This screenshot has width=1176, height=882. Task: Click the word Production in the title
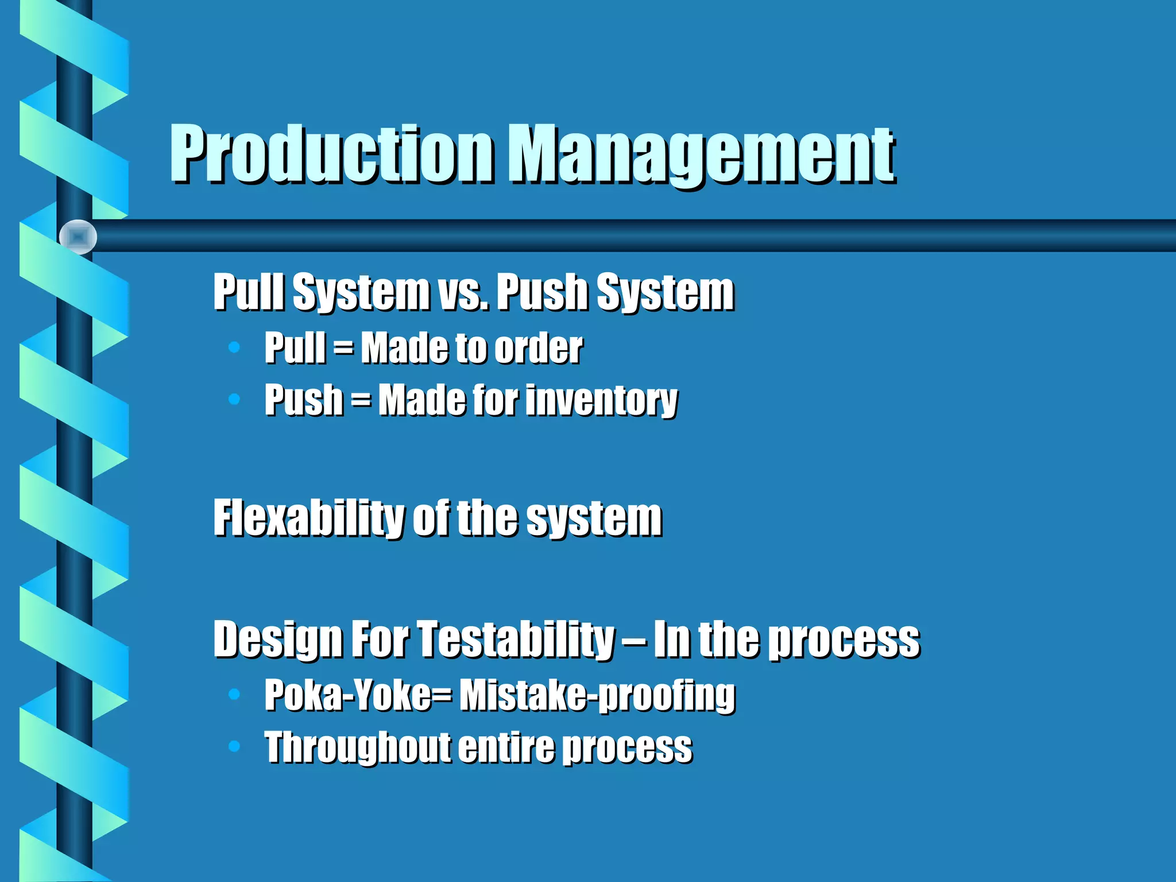click(332, 154)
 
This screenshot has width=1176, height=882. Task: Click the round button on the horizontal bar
click(78, 237)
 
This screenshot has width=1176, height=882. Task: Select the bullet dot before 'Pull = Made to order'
click(234, 347)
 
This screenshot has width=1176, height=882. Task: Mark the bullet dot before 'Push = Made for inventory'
click(234, 399)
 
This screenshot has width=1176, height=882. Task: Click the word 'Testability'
click(515, 639)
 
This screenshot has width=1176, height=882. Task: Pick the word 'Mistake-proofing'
click(597, 696)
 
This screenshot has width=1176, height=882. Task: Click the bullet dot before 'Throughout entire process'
click(234, 746)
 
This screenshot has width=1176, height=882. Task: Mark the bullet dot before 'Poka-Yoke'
click(234, 694)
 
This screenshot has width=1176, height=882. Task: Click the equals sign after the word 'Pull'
click(343, 348)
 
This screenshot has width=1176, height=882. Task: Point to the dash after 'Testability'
click(633, 640)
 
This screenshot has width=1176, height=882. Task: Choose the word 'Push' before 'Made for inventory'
click(303, 400)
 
